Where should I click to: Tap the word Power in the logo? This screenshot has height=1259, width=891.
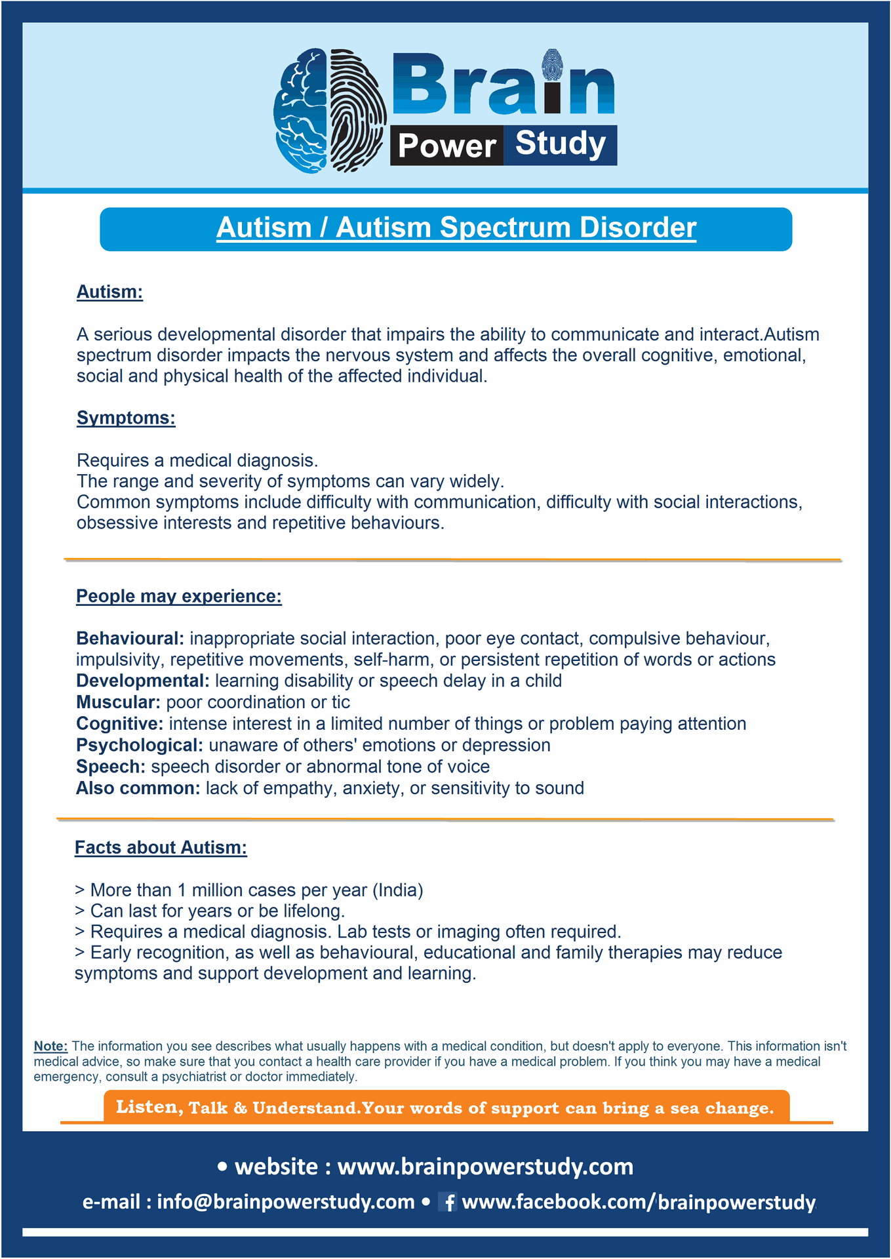tap(446, 146)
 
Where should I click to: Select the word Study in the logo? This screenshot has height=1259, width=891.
tap(561, 144)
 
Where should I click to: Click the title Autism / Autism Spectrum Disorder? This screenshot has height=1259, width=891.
tap(456, 228)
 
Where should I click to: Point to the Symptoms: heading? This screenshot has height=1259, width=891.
tap(126, 418)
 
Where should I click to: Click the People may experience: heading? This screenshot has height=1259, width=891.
tap(178, 596)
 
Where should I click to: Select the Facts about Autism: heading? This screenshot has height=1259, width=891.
tap(161, 847)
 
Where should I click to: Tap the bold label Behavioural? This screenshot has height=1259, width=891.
tap(130, 639)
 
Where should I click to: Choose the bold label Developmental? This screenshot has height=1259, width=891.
tap(142, 681)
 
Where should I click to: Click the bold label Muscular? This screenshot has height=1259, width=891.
tap(118, 702)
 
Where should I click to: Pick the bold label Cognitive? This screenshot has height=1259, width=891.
tap(119, 724)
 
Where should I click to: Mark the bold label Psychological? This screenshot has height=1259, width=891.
tap(139, 746)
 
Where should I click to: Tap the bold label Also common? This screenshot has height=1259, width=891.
tap(138, 788)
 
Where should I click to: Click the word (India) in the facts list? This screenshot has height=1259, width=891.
tap(398, 890)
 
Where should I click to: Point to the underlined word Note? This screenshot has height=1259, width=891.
tap(50, 1046)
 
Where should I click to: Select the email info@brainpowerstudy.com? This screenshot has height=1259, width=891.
tap(285, 1201)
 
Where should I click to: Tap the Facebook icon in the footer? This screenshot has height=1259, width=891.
tap(448, 1202)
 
